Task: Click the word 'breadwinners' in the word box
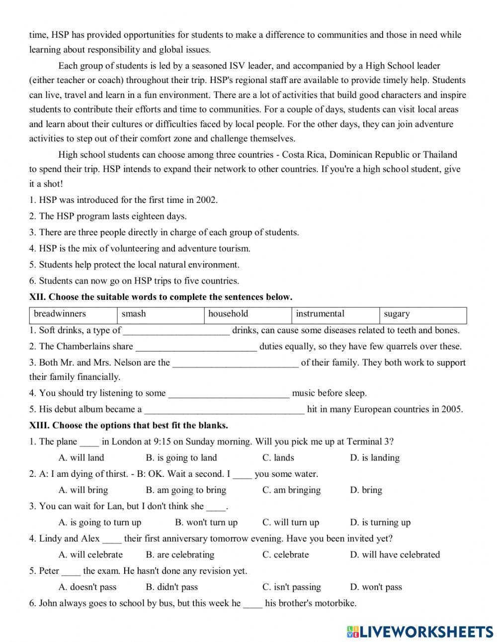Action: [60, 314]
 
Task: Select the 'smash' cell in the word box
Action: [134, 314]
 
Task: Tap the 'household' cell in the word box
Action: [228, 314]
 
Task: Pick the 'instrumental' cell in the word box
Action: [320, 314]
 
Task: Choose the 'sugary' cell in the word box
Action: [397, 314]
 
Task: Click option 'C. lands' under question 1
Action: [278, 458]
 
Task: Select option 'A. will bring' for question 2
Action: [83, 490]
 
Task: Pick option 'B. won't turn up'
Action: [206, 522]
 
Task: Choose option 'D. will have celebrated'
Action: [395, 554]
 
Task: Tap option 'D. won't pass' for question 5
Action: [376, 587]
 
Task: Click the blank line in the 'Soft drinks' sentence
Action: [176, 331]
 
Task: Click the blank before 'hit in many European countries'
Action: [224, 410]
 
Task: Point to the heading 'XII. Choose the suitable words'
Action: [161, 297]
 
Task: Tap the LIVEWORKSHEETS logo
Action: [419, 632]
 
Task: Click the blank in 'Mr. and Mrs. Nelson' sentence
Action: [236, 364]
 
